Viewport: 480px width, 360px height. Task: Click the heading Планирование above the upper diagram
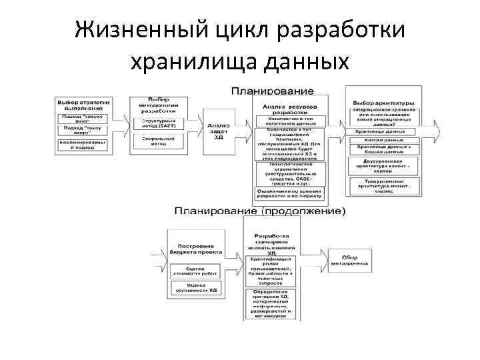(x=271, y=90)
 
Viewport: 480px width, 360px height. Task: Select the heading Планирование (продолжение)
(x=260, y=211)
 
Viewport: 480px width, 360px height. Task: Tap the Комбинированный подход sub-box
(x=83, y=147)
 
